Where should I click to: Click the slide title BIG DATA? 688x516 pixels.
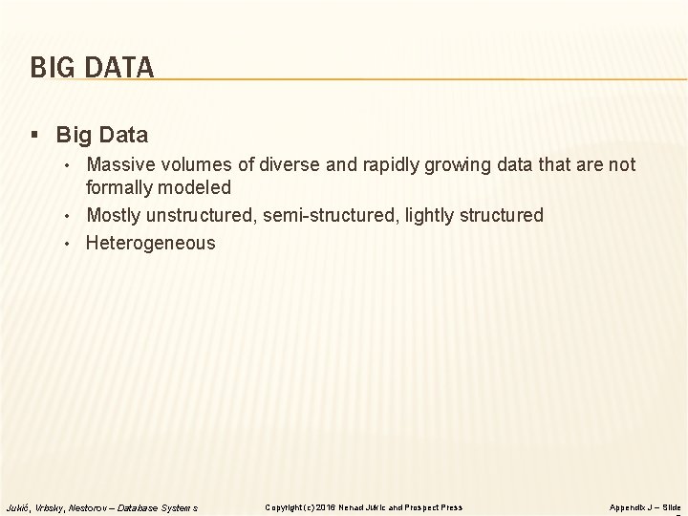coord(92,68)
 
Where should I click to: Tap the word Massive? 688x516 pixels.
coord(119,165)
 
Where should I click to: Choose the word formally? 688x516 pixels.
coord(120,188)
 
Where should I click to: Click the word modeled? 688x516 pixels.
coord(197,188)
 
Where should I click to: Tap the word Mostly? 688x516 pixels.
coord(114,215)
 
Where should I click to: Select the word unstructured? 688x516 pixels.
coord(204,215)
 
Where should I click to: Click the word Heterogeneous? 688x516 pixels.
coord(151,243)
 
